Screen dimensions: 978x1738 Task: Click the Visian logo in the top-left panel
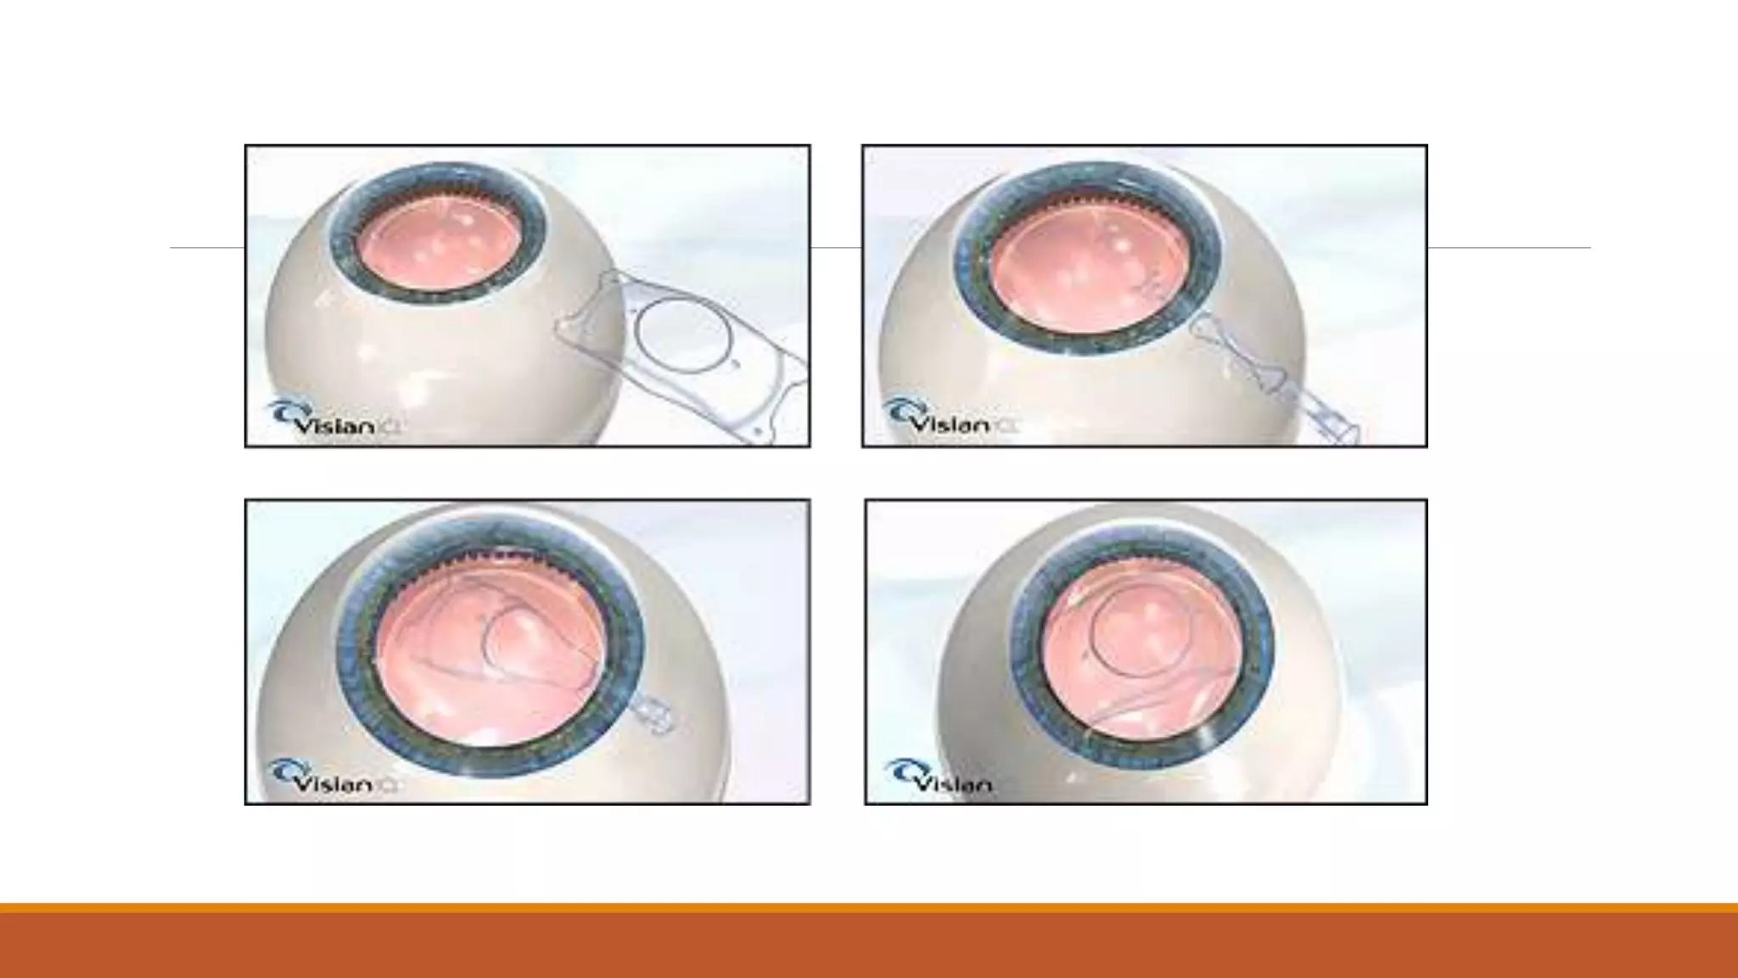[333, 419]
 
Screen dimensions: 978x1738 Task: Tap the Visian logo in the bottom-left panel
[333, 778]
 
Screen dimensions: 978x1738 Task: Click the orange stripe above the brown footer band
[869, 908]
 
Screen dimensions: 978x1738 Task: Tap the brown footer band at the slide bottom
[869, 947]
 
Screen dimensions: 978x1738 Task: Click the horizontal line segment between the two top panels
[836, 248]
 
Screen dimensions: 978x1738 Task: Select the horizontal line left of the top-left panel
[207, 248]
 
